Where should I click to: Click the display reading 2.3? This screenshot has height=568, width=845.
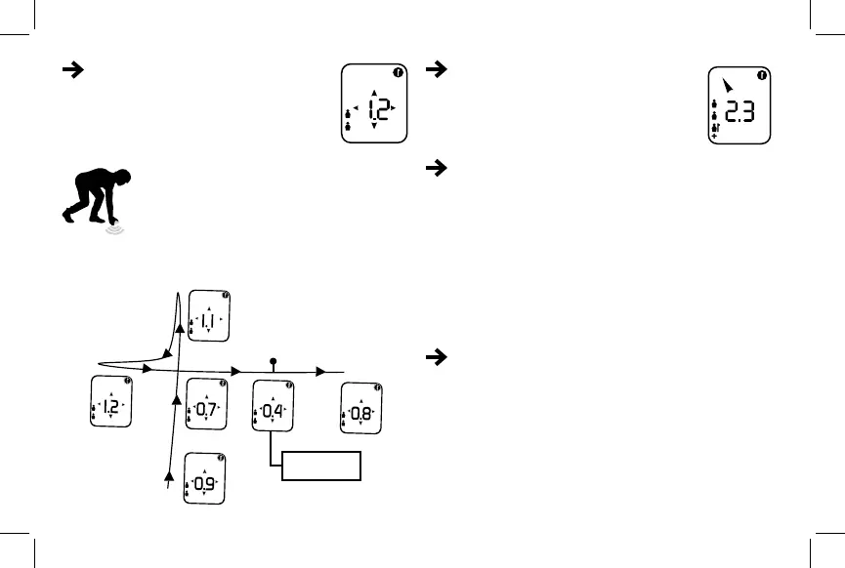tap(739, 106)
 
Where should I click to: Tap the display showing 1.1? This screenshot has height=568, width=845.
tap(208, 315)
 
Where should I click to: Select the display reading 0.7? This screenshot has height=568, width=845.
tap(205, 405)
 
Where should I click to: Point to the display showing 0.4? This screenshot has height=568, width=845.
tap(273, 406)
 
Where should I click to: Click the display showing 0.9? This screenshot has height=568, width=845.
tap(205, 478)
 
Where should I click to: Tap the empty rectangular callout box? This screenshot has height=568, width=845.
tap(321, 467)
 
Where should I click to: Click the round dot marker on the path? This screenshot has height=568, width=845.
tap(274, 361)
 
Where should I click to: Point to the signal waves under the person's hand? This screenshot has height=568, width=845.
tap(118, 231)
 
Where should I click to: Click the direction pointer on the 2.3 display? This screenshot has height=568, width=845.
tap(723, 86)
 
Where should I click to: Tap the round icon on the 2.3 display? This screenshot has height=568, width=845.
tap(762, 74)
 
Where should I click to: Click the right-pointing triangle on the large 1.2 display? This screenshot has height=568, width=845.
tap(394, 107)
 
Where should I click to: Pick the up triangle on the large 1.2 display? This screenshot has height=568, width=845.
tap(374, 95)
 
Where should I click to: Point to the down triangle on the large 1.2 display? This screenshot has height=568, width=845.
tap(374, 126)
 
